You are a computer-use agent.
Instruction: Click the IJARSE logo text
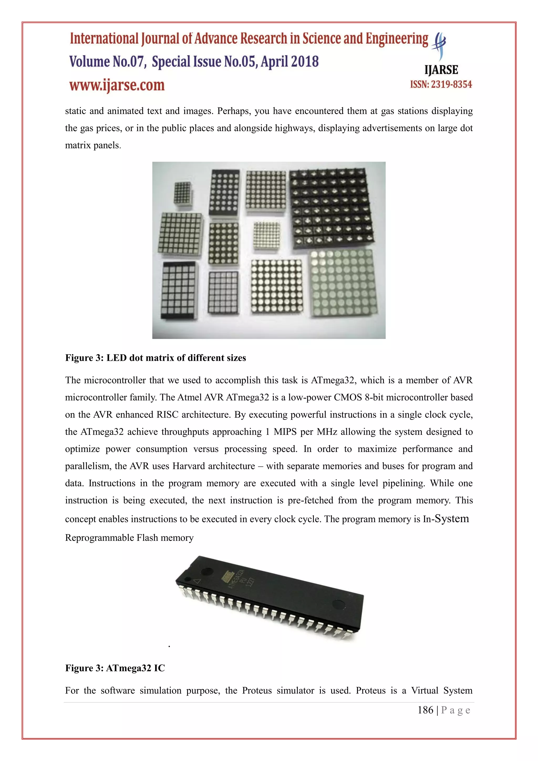(x=441, y=70)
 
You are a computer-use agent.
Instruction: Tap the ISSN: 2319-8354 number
(x=441, y=85)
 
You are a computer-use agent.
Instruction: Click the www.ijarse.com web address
(x=117, y=85)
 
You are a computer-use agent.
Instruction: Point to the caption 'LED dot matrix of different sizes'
(x=176, y=358)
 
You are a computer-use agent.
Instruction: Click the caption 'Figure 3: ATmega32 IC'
(x=115, y=668)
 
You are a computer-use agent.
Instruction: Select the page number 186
(x=425, y=710)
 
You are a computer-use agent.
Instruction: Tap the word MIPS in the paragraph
(x=285, y=432)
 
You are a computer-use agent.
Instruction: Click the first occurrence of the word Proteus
(x=257, y=691)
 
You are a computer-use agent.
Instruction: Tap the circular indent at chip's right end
(x=338, y=604)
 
